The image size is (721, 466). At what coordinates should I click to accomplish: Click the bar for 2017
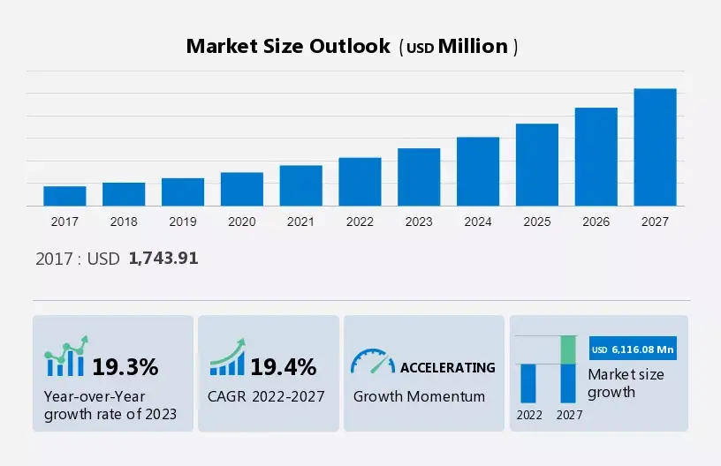point(65,196)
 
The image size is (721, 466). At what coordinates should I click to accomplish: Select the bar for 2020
point(242,189)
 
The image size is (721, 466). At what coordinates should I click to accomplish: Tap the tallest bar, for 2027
point(655,147)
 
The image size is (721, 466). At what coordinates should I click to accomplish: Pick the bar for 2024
point(478,172)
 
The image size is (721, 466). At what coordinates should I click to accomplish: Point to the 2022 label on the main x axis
point(360,222)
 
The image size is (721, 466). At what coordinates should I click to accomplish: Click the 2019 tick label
point(183,222)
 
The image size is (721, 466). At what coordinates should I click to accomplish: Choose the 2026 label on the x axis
point(596,222)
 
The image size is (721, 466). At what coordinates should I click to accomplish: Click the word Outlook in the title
point(350,47)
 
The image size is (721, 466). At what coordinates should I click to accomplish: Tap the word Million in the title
point(473,47)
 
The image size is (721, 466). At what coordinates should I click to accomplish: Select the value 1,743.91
point(163,259)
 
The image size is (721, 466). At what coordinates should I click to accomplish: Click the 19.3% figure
point(125,367)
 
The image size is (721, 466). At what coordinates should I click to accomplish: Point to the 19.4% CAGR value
point(284,367)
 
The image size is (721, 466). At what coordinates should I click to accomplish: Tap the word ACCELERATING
point(447,368)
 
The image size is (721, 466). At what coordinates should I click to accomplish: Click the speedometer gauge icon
point(373,361)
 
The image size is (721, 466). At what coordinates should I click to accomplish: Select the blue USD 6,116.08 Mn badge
point(633,349)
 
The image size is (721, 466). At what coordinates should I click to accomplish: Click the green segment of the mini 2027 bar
point(568,349)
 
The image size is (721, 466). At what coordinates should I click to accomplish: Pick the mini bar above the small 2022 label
point(527,383)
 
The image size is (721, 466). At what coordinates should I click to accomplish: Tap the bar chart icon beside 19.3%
point(65,356)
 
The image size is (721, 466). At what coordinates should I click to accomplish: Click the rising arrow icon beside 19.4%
point(228,357)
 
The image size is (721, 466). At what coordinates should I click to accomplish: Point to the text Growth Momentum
point(419,396)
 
